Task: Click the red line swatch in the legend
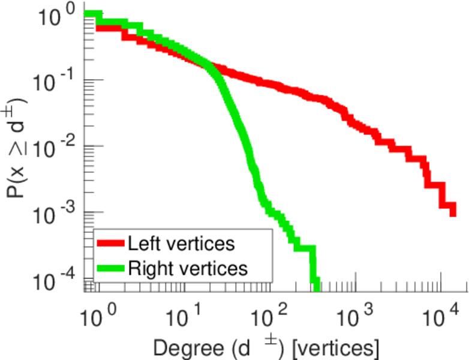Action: tap(110, 244)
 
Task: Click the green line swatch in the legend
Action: tap(110, 268)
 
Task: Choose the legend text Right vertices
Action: tap(187, 268)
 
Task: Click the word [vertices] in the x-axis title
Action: tap(335, 346)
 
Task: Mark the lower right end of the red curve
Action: tap(453, 211)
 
